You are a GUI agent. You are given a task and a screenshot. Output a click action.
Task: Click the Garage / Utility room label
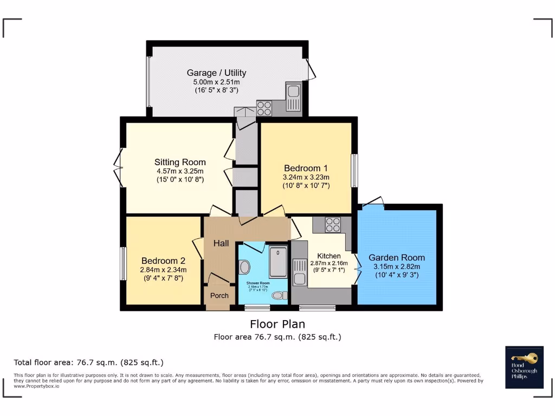pyautogui.click(x=216, y=73)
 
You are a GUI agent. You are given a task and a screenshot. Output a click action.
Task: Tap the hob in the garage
pyautogui.click(x=264, y=108)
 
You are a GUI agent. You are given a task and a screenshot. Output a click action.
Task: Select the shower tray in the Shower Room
pyautogui.click(x=278, y=262)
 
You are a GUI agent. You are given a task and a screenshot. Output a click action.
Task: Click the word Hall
pyautogui.click(x=221, y=244)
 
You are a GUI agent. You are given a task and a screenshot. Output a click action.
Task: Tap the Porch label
pyautogui.click(x=220, y=295)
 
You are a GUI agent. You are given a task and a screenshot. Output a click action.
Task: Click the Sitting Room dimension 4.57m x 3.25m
pyautogui.click(x=180, y=171)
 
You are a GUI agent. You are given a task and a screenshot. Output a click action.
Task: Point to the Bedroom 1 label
pyautogui.click(x=306, y=168)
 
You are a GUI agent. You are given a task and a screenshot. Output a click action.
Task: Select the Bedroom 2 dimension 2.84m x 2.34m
pyautogui.click(x=163, y=270)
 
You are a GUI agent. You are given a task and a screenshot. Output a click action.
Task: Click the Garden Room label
pyautogui.click(x=397, y=257)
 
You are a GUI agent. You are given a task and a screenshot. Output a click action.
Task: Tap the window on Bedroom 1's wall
pyautogui.click(x=354, y=171)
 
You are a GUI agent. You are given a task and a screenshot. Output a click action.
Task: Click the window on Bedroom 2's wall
pyautogui.click(x=123, y=264)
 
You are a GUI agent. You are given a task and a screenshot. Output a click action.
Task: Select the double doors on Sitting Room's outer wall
pyautogui.click(x=119, y=168)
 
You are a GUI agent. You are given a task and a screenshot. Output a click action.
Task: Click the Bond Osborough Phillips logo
pyautogui.click(x=524, y=367)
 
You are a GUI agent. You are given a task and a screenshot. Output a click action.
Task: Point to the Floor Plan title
pyautogui.click(x=277, y=324)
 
